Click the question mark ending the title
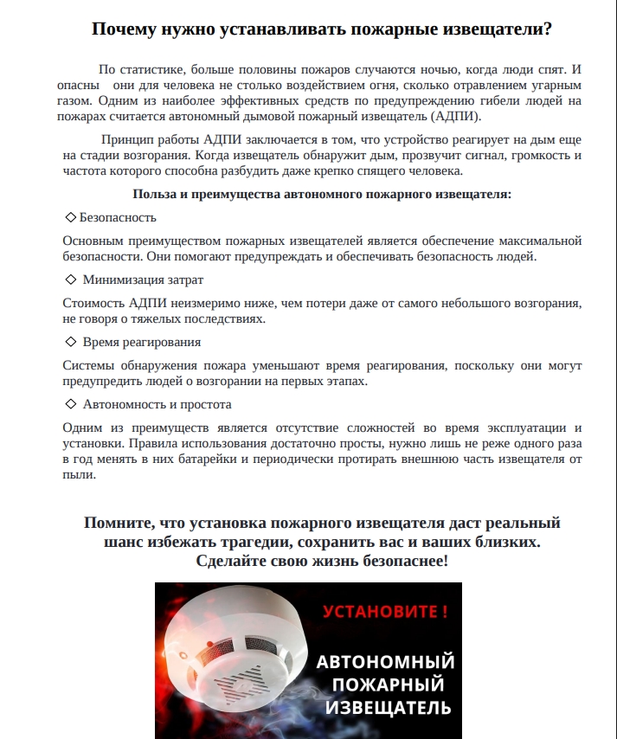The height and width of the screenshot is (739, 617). tap(548, 29)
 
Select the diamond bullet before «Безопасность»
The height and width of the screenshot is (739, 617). tap(70, 217)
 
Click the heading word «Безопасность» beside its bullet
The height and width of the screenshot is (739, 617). tap(118, 217)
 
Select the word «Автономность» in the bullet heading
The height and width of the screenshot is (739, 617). tap(123, 404)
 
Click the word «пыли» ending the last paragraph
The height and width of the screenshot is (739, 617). tap(77, 475)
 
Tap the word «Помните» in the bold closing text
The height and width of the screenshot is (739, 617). tap(116, 524)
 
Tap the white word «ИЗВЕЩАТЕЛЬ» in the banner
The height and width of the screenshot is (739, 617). tap(387, 708)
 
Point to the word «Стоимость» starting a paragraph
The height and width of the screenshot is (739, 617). tap(93, 303)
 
